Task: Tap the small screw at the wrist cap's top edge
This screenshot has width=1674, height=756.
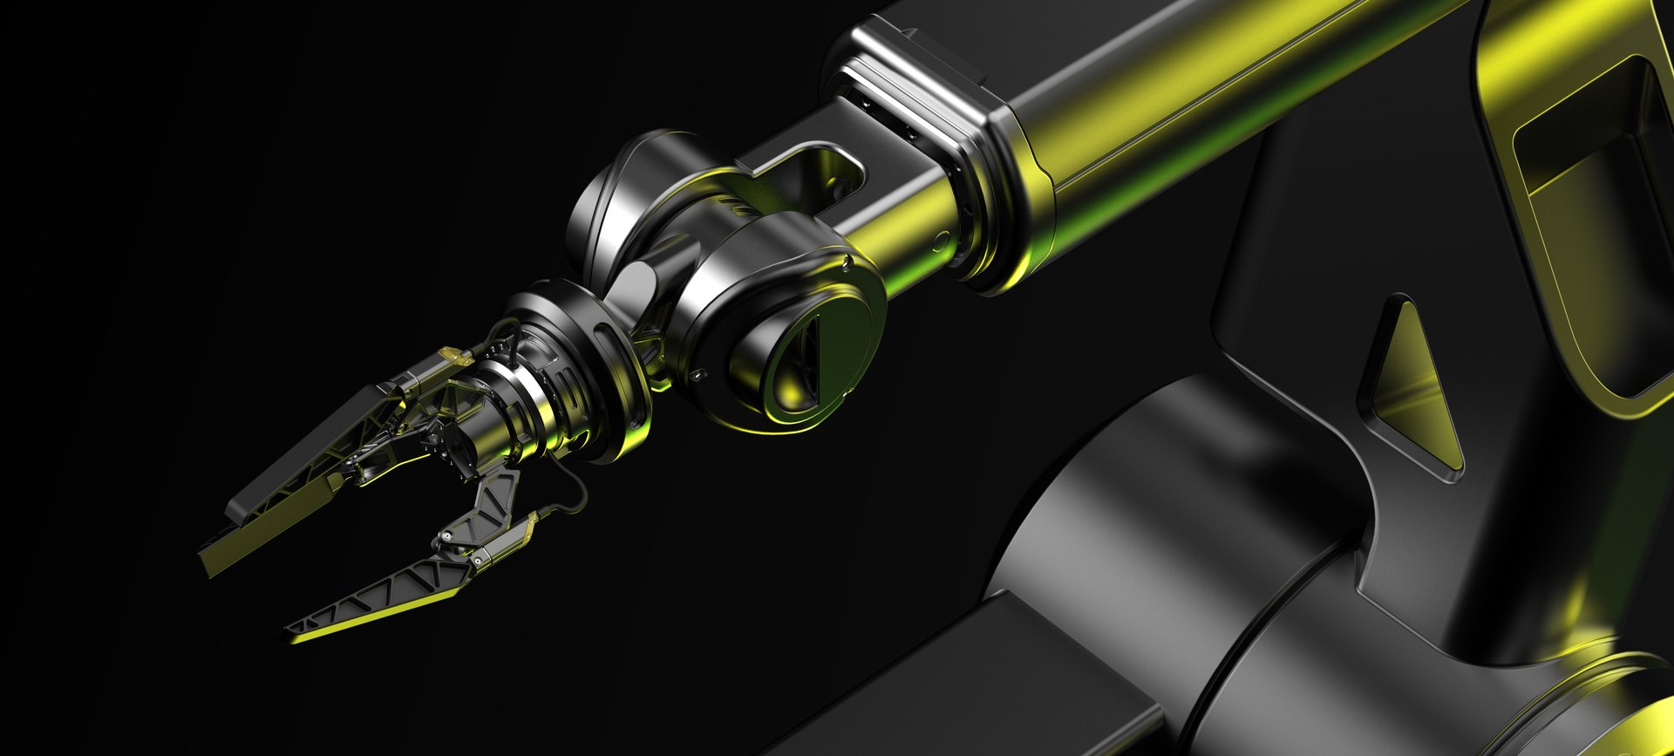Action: pyautogui.click(x=848, y=259)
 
